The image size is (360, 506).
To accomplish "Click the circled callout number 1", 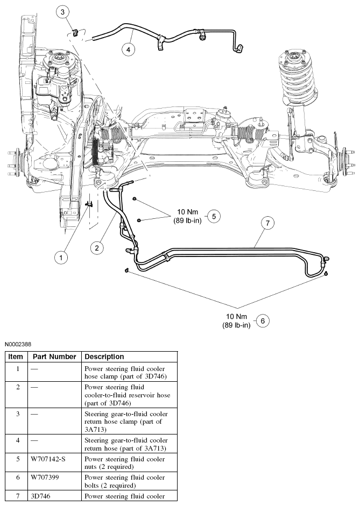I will (61, 258).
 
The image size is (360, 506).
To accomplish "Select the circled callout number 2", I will (97, 248).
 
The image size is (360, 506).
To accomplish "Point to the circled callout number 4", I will (128, 49).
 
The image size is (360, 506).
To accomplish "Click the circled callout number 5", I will (214, 216).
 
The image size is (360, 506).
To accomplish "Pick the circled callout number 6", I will (262, 321).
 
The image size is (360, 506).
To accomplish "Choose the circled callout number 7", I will (267, 223).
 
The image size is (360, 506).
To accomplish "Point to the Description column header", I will (104, 357).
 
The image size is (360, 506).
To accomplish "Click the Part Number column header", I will (54, 357).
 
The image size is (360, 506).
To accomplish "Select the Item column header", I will (16, 357).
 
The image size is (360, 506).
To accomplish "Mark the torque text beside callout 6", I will (236, 321).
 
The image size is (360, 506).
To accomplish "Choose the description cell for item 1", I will (127, 372).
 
